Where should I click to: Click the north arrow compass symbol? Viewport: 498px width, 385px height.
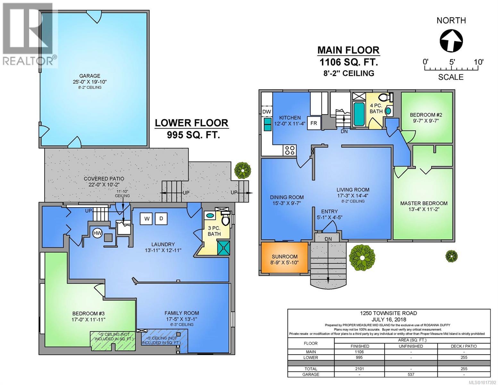[x=451, y=40]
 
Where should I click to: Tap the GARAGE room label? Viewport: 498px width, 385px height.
[x=89, y=76]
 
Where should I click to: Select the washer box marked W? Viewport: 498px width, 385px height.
[x=147, y=219]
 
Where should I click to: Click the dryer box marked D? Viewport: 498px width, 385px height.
[x=161, y=219]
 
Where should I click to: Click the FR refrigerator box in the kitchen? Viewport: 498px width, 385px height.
[x=314, y=123]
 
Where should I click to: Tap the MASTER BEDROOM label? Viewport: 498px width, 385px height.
[x=424, y=203]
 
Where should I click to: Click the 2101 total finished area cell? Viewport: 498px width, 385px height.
[x=359, y=369]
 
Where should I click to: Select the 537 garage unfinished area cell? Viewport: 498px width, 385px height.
[x=411, y=374]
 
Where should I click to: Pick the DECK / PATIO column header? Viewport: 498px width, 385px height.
[x=464, y=346]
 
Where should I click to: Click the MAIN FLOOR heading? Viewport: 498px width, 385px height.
[x=348, y=50]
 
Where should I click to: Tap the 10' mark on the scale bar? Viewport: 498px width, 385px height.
[x=478, y=62]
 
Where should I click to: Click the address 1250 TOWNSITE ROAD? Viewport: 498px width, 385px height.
[x=389, y=313]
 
